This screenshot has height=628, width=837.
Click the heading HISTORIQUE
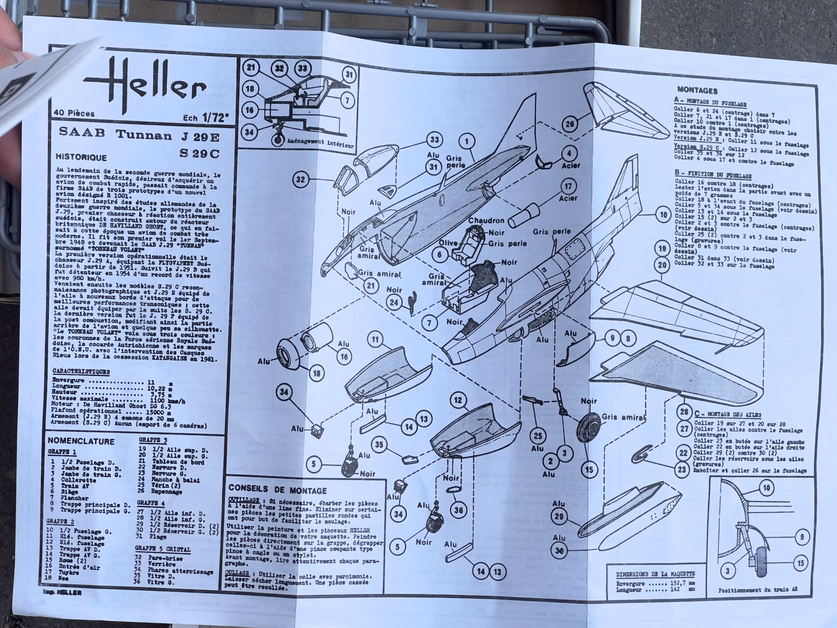tap(81, 157)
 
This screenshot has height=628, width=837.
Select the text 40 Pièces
tap(74, 114)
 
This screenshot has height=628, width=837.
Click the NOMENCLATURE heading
tap(81, 441)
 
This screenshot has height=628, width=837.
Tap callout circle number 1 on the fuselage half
tap(467, 142)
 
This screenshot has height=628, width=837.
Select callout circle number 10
tap(663, 214)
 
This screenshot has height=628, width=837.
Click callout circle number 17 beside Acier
tap(568, 186)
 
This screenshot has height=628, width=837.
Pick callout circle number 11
tap(375, 339)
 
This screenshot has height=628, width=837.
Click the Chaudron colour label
tap(486, 221)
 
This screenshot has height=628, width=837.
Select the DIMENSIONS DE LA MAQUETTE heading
tap(655, 574)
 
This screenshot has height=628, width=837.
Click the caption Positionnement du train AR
tap(758, 602)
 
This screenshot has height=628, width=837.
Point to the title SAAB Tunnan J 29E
tap(139, 135)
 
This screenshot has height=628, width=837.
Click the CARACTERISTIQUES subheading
tap(81, 372)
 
